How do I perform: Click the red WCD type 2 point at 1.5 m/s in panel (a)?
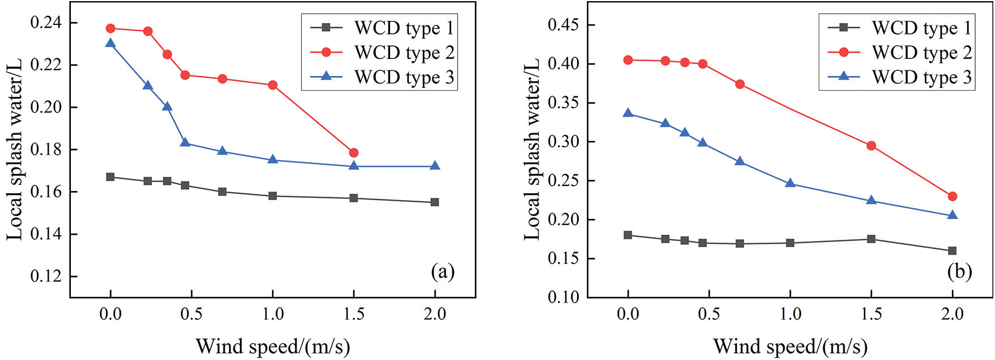(354, 153)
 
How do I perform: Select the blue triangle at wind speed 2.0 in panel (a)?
(435, 166)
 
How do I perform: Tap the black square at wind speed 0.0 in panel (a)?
(111, 177)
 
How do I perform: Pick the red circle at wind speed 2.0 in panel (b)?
(952, 196)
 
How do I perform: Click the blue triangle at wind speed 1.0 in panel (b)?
(790, 183)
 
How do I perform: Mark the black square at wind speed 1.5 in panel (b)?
(871, 239)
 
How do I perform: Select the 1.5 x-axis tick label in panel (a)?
(354, 314)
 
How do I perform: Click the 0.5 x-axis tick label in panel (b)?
(709, 314)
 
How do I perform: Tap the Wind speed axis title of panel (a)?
(273, 346)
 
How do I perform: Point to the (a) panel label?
(443, 272)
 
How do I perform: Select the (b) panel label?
(959, 272)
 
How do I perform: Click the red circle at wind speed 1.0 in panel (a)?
(273, 85)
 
